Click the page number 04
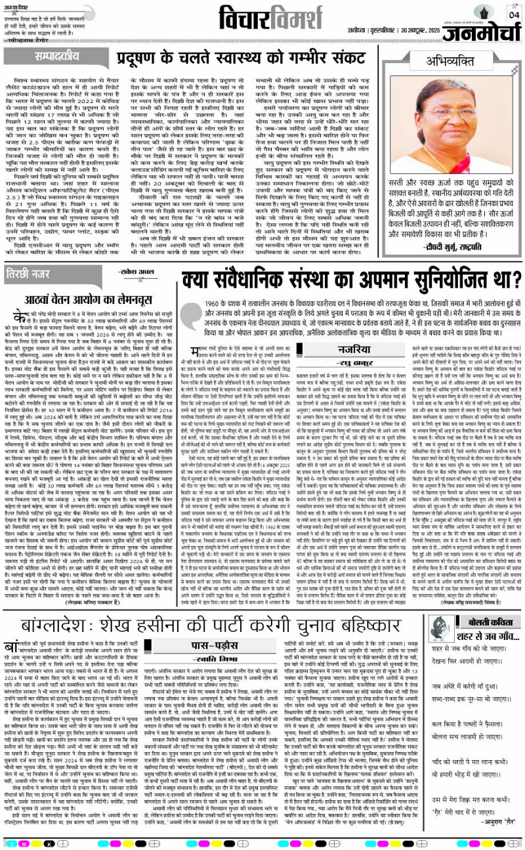point(513,14)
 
